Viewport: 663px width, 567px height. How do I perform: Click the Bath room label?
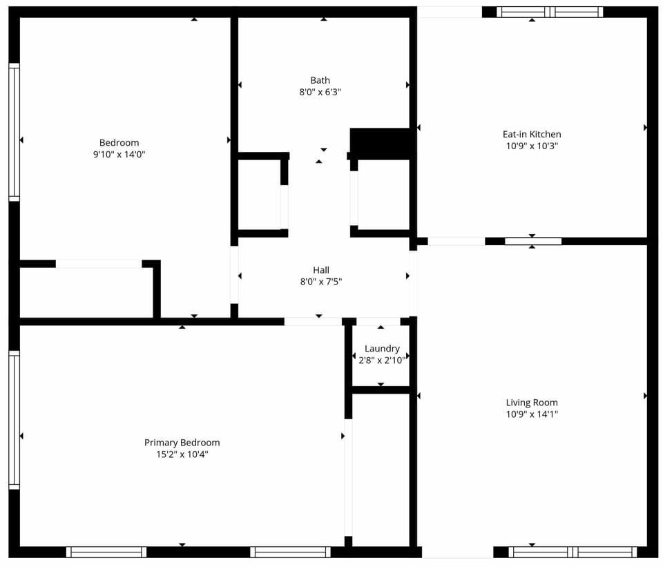(320, 80)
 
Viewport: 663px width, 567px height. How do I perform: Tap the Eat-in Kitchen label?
(532, 134)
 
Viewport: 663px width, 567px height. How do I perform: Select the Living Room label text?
(532, 403)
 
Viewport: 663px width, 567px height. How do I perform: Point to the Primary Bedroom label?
(182, 443)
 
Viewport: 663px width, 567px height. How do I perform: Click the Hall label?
(321, 270)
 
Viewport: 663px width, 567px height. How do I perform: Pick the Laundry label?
(382, 349)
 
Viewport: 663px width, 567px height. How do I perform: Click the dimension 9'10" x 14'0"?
(119, 155)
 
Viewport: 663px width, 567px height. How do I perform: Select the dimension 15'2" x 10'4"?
(182, 454)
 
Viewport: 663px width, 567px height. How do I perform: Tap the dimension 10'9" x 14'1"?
(532, 414)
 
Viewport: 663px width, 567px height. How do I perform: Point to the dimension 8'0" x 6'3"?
(320, 92)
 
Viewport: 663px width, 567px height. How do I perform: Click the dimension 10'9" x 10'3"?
(532, 146)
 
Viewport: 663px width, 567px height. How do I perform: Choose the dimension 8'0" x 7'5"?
(321, 282)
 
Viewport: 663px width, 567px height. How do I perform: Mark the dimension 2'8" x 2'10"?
(382, 360)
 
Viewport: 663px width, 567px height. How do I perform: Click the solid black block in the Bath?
(381, 143)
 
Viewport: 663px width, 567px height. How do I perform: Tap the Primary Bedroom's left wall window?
(14, 420)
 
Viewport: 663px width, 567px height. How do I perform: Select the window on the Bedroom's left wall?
(14, 132)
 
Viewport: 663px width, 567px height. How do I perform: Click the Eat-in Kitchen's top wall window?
(550, 12)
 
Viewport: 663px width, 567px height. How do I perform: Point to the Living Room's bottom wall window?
(573, 552)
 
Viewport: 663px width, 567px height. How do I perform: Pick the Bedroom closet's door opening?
(99, 264)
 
